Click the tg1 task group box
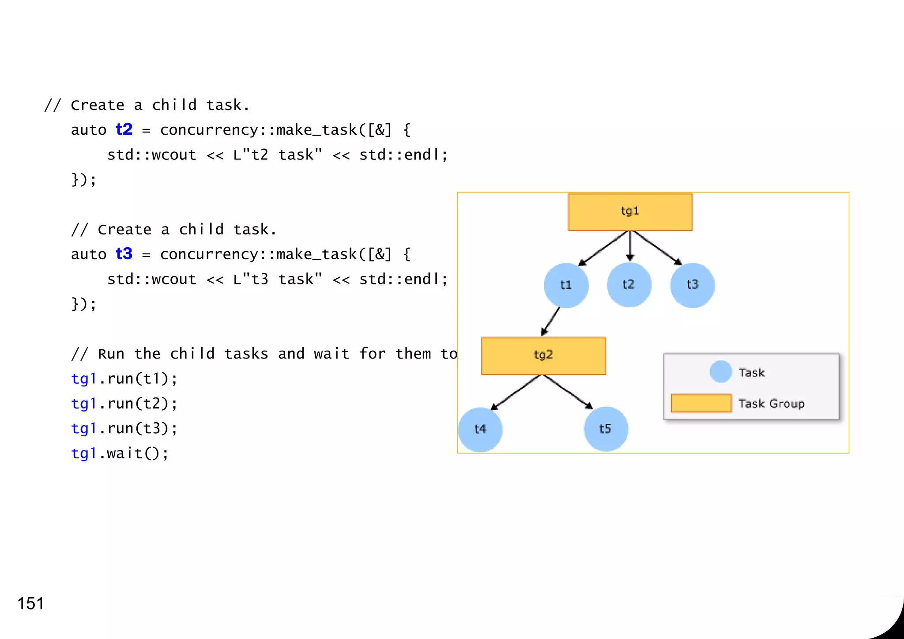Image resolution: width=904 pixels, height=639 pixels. coord(630,212)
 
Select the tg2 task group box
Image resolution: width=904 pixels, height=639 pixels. coord(543,356)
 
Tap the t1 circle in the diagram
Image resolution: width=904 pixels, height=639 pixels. coord(566,285)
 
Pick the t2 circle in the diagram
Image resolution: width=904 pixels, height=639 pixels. coord(629,285)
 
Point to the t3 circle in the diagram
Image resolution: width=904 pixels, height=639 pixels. coord(692,285)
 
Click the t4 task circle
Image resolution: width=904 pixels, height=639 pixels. coord(480,429)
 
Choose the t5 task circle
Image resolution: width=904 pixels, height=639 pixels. coord(606,429)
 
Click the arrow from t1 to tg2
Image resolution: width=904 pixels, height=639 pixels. coord(551,321)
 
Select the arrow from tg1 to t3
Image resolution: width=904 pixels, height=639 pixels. coord(657,248)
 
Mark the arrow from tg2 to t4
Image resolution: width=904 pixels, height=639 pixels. coord(515,393)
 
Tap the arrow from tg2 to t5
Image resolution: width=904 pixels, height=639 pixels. coord(568,392)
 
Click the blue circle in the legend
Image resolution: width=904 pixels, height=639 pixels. coord(721,371)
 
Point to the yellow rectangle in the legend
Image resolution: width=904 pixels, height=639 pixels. coord(701,403)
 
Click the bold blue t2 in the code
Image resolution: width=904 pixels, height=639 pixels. coord(124,129)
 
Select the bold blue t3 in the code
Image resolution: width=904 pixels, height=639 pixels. coord(124,254)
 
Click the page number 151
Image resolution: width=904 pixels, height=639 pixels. coord(30,603)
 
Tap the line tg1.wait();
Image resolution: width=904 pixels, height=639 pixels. coord(120,453)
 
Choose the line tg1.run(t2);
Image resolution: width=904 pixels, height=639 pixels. coord(124,404)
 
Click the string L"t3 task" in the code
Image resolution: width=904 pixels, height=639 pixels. coord(278,279)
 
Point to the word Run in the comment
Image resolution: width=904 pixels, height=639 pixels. coord(111,354)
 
